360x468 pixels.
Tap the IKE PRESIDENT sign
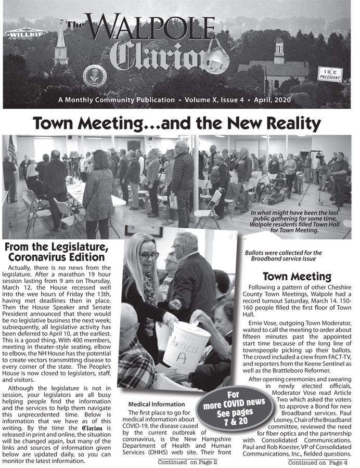(329, 74)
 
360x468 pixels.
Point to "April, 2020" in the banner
(280, 100)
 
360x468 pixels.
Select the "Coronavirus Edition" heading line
(56, 257)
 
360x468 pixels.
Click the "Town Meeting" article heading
(297, 276)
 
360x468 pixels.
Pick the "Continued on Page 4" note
(317, 462)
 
